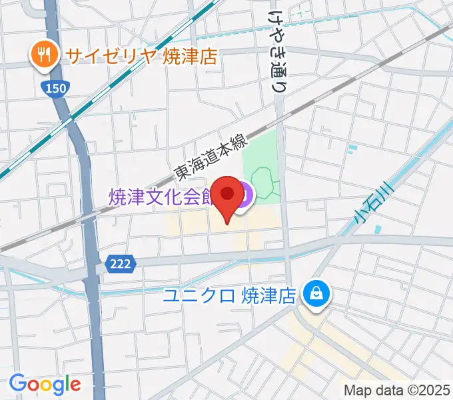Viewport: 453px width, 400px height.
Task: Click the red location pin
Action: click(x=228, y=195)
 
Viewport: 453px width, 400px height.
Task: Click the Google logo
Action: click(x=45, y=384)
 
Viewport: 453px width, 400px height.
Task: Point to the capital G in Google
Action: click(x=17, y=383)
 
